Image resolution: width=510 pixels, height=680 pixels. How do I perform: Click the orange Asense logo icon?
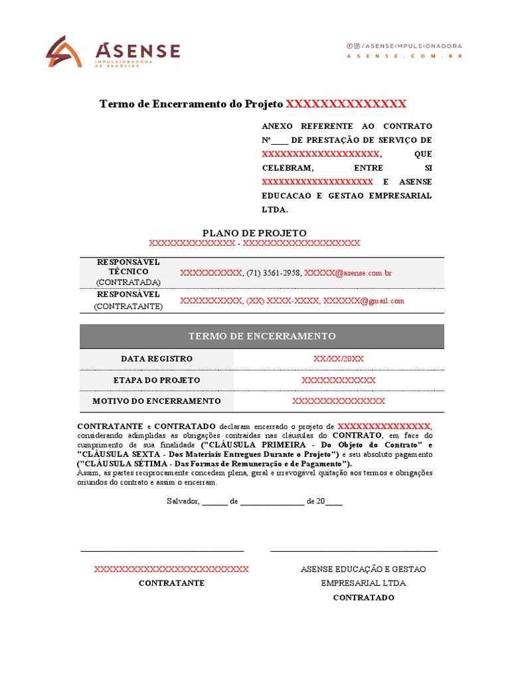pos(64,52)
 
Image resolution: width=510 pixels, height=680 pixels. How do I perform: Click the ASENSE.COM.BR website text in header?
pos(404,56)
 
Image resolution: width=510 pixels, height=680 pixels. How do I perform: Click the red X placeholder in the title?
pos(345,104)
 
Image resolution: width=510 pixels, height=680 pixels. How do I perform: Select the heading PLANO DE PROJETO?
pos(254,233)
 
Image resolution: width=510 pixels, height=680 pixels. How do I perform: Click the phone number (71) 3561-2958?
pos(274,273)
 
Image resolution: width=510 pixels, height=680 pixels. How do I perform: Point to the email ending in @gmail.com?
pos(363,301)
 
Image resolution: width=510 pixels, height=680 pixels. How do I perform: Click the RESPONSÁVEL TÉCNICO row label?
pos(129,267)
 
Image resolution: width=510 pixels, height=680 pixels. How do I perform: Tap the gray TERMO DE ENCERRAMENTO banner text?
pos(262,336)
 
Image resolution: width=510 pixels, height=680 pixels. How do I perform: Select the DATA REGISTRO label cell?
pos(157,359)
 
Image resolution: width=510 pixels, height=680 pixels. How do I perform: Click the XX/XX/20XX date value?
pos(339,359)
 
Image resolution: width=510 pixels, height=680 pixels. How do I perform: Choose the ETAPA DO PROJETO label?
pos(157,381)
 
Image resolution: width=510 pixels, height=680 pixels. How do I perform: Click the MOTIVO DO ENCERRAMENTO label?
pos(157,401)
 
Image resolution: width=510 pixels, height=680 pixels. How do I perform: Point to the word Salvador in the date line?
pos(183,501)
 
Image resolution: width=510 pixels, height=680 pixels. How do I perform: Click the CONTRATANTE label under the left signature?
pos(171,583)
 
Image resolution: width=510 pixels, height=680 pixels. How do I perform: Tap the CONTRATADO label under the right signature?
pos(363,598)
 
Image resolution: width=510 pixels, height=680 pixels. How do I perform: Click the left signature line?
pos(162,551)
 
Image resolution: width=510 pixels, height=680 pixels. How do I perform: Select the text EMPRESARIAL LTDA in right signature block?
pos(363,583)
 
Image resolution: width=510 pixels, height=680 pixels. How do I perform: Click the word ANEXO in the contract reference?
pos(276,126)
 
